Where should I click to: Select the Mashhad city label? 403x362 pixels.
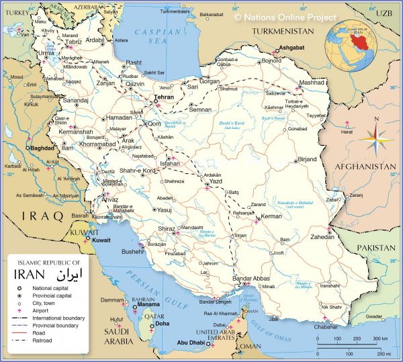(293, 83)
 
